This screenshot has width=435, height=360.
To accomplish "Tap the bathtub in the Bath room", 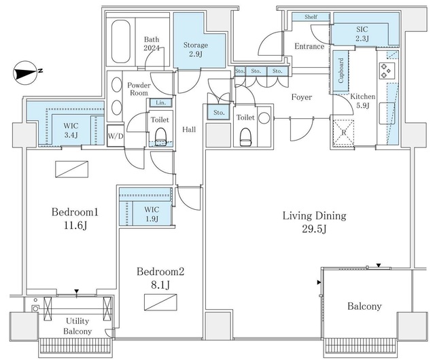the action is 121,41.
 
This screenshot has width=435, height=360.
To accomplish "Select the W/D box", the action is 116,136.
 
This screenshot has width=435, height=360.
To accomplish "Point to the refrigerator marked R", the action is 343,132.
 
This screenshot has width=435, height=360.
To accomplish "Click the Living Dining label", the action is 314,215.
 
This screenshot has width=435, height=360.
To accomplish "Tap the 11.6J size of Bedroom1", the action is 75,225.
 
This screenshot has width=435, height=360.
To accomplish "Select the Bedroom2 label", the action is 160,271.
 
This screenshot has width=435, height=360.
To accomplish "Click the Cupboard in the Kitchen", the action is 341,71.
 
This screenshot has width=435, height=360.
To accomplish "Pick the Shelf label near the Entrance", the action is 311,16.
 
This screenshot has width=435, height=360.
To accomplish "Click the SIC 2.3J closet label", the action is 362,33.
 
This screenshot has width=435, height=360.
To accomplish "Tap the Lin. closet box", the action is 161,103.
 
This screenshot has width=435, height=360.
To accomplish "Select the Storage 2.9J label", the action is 196,49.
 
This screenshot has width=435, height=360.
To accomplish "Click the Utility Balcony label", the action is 77,326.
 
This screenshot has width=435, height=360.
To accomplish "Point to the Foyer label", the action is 302,97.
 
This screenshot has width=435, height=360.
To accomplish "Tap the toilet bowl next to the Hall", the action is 160,137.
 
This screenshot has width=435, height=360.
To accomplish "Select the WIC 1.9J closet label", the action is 152,214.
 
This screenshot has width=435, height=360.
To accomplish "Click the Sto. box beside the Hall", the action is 219,112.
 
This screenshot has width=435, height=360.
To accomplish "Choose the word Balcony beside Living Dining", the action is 364,306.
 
